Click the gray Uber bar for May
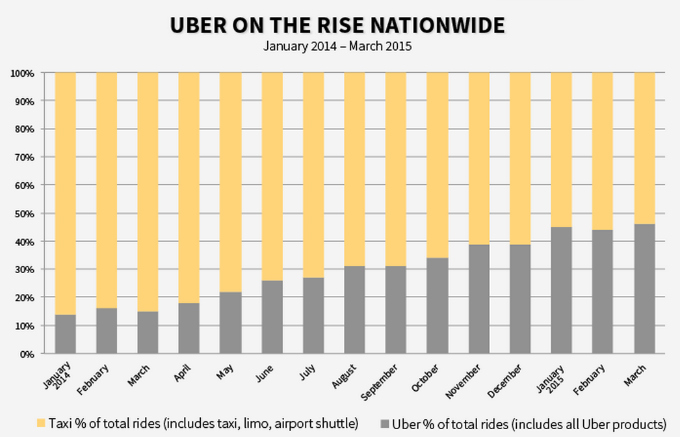tap(230, 323)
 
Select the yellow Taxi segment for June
tap(272, 176)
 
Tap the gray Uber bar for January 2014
tap(65, 334)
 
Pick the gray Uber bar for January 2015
tap(561, 290)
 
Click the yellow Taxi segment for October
tap(437, 165)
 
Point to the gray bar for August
tap(354, 310)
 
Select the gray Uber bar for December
tap(520, 298)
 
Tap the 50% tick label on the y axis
tap(23, 213)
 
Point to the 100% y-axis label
tap(21, 73)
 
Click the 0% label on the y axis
tap(25, 354)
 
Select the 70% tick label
tap(23, 157)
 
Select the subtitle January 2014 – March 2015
tap(337, 46)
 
